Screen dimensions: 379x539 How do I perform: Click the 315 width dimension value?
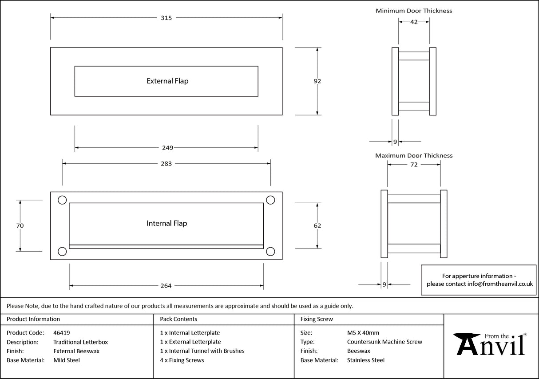166,18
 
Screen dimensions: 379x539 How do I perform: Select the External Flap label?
167,81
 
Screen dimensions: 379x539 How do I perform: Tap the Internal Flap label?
166,223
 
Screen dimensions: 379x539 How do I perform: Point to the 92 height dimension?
317,81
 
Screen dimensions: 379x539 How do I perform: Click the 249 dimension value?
167,148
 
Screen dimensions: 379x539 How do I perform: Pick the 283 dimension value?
166,164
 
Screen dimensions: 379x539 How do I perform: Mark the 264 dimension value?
166,286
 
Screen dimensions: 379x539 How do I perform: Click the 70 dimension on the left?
20,225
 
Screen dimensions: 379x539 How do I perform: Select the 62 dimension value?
317,225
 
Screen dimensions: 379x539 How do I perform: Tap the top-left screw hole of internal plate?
62,200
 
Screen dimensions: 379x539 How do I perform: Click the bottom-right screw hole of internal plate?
270,251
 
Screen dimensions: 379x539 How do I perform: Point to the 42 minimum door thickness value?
414,22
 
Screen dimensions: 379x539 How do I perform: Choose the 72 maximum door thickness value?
414,165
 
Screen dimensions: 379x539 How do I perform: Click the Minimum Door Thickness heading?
414,11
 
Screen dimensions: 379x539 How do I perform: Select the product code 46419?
61,332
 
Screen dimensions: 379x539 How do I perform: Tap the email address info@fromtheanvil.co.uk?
500,284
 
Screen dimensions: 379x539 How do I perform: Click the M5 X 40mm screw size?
363,332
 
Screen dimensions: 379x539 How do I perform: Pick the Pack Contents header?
178,319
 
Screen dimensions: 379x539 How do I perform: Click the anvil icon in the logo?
466,344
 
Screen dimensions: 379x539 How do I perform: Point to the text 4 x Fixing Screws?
182,360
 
